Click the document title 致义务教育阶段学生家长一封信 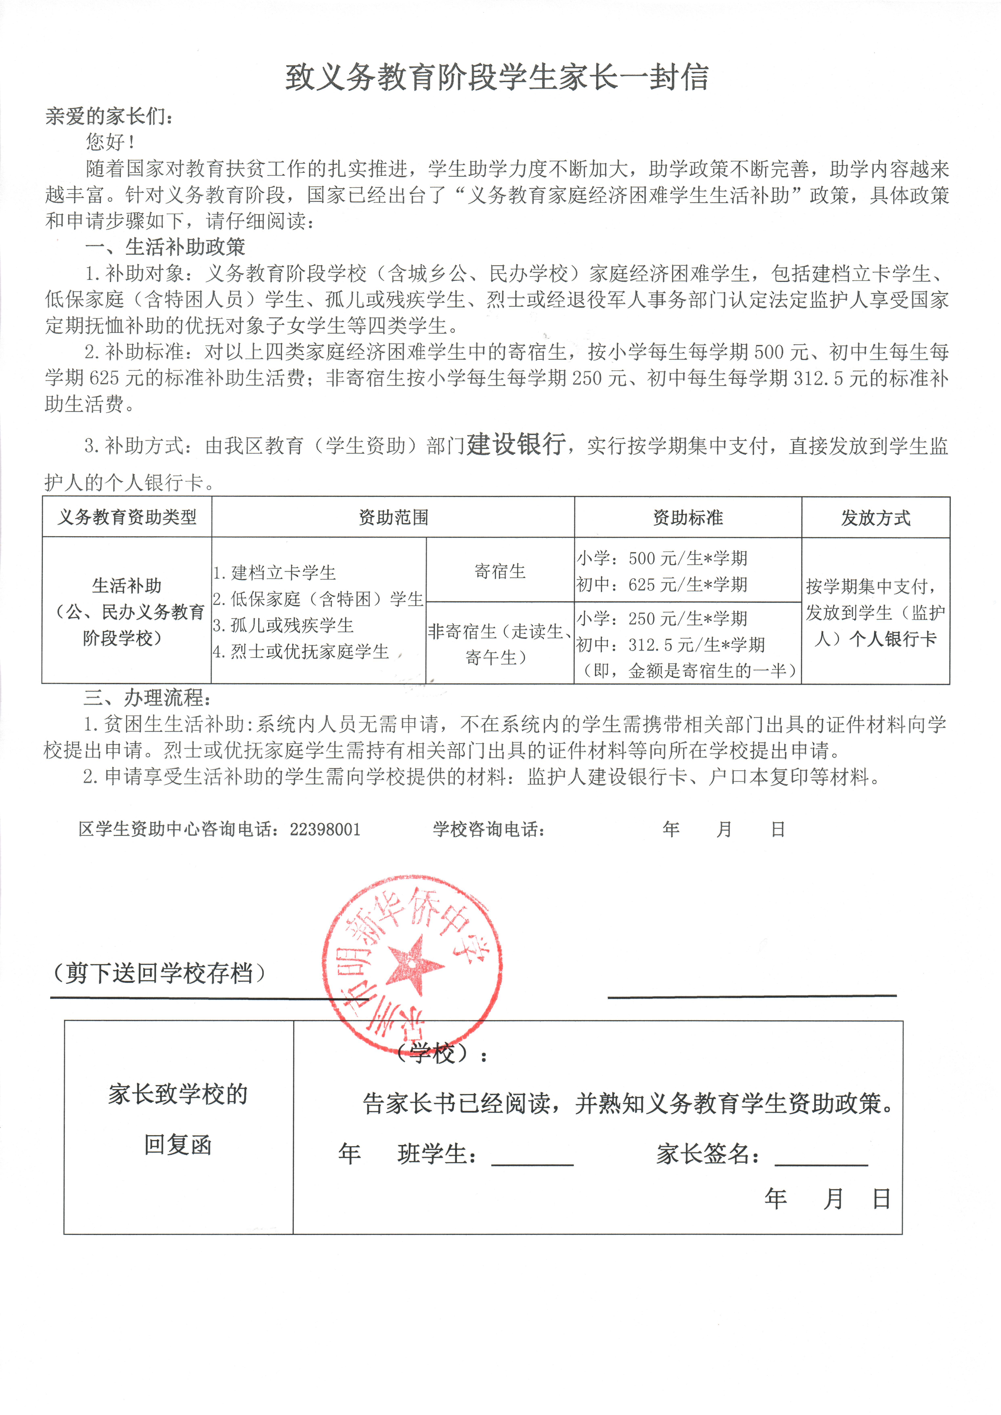pyautogui.click(x=497, y=78)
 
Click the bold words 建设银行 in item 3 pyautogui.click(x=516, y=444)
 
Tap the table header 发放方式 pyautogui.click(x=875, y=518)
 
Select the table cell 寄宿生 pyautogui.click(x=500, y=571)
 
